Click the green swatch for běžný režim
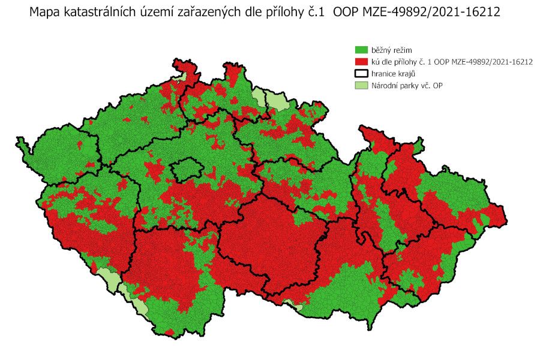[361, 49]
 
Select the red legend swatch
[361, 61]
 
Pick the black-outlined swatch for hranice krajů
[361, 73]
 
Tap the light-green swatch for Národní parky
[361, 85]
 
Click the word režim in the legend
[400, 49]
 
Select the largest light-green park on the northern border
[278, 102]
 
